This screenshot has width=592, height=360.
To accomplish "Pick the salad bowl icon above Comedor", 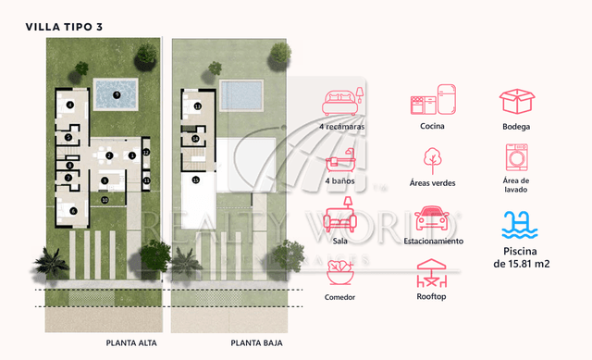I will (340, 274).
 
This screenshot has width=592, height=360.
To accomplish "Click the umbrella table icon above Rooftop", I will (433, 274).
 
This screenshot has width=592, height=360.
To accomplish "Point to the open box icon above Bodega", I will (517, 100).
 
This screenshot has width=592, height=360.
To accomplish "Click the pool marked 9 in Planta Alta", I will (116, 93).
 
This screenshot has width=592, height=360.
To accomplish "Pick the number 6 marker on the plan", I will (72, 210).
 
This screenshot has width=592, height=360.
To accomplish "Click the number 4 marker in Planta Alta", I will (70, 105).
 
